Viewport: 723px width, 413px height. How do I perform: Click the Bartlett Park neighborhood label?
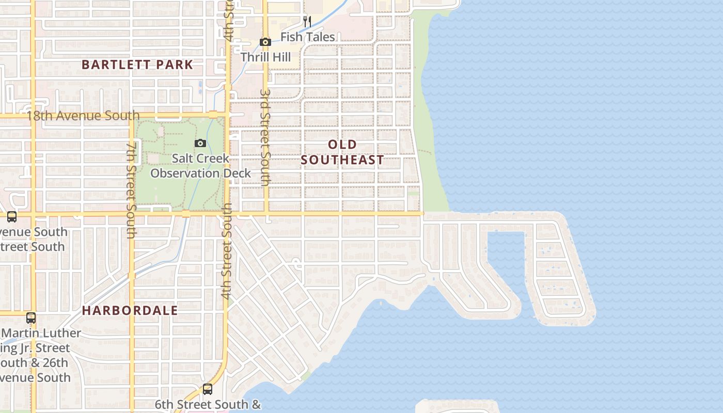137,65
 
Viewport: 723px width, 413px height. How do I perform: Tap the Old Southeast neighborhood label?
342,152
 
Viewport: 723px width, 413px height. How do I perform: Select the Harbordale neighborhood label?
130,310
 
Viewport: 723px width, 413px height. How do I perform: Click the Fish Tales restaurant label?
307,37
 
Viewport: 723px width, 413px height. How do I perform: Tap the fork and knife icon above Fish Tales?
307,21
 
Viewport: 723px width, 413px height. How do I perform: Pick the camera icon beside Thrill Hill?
265,42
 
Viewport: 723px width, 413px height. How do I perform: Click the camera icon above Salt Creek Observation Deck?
200,143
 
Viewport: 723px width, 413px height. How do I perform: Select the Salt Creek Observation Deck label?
200,166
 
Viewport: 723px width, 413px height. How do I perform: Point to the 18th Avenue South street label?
83,115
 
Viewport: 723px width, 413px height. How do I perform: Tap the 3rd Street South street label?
265,137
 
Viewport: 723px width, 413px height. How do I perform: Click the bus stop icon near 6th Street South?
207,389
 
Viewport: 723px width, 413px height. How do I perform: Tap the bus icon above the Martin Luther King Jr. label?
31,317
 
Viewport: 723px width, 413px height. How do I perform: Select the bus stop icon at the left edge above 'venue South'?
11,217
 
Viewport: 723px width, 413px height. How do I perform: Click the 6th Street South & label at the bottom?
208,404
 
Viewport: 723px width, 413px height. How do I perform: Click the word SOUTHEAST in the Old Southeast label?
342,160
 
